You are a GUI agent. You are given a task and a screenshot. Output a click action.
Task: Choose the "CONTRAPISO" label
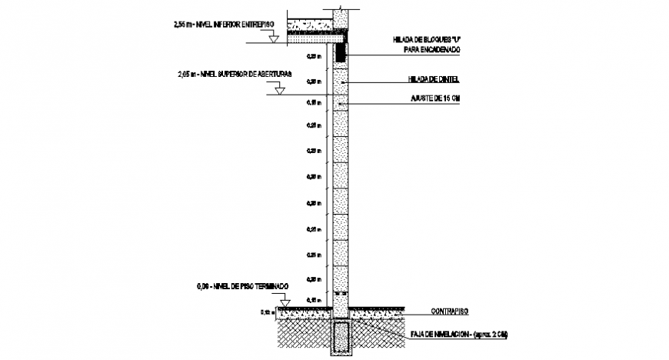pos(439,312)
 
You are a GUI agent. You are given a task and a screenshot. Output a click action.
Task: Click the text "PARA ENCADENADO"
pos(431,49)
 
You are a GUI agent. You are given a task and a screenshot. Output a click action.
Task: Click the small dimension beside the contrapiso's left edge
pos(267,312)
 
